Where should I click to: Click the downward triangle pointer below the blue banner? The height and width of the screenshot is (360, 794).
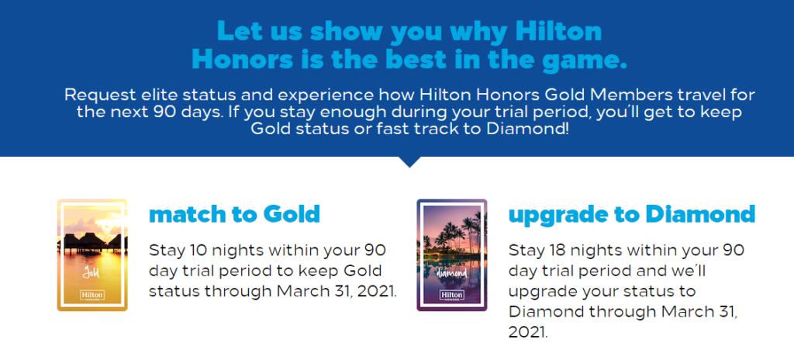click(x=411, y=161)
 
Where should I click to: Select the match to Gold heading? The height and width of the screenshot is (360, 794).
click(x=234, y=213)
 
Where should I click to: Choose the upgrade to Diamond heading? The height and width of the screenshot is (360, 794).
click(x=631, y=213)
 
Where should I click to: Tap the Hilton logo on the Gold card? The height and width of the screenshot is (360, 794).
click(x=91, y=295)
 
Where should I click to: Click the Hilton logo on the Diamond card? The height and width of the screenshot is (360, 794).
click(x=451, y=295)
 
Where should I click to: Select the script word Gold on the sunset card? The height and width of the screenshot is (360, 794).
click(x=91, y=272)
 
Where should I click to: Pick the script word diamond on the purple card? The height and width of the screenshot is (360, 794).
click(x=451, y=273)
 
